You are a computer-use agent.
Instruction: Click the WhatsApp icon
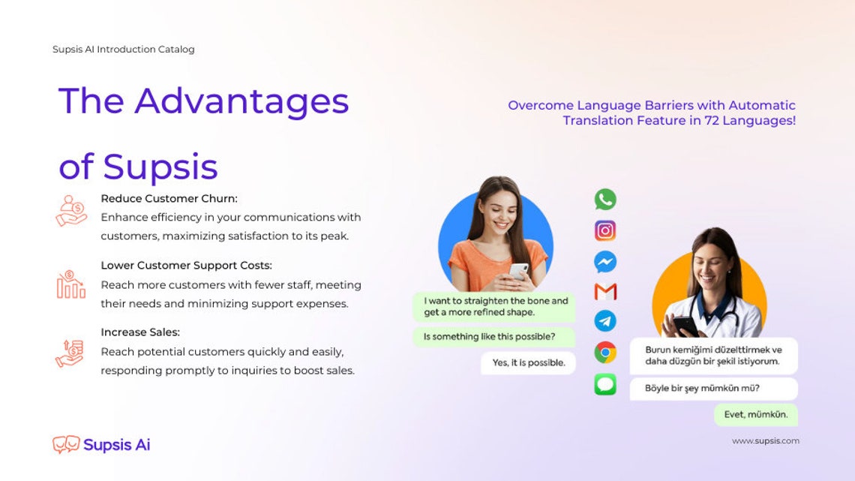(605, 200)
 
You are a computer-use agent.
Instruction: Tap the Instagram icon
(605, 230)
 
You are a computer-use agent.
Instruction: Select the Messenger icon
(605, 261)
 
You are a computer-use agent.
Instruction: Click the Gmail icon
(605, 291)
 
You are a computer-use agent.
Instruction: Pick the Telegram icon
(605, 321)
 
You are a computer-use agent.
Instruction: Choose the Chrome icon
(605, 352)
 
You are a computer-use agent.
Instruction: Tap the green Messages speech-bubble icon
(605, 384)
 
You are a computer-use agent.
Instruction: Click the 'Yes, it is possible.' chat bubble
(529, 363)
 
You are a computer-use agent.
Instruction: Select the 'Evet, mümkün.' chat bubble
(755, 414)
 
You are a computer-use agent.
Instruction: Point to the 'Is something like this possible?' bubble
(490, 337)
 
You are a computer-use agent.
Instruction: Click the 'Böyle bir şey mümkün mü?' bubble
(713, 389)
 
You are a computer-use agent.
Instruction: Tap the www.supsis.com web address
(765, 441)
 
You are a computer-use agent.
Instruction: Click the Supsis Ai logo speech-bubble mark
(66, 444)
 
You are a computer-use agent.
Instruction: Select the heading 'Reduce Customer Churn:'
(169, 199)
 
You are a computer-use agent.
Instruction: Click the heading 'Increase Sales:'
(140, 332)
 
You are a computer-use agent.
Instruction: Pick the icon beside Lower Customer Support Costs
(70, 285)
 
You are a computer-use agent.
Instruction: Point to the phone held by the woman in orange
(518, 271)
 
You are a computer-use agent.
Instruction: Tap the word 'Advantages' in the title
(241, 101)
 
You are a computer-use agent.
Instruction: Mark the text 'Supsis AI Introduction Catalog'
(124, 50)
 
